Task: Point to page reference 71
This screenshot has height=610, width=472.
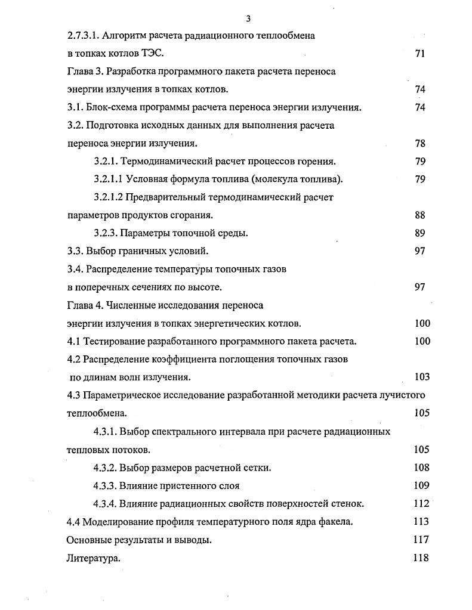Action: pyautogui.click(x=419, y=54)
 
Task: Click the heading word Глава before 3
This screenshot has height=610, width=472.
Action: pyautogui.click(x=80, y=72)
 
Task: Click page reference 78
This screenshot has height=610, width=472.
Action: pyautogui.click(x=419, y=144)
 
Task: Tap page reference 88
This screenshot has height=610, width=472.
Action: pyautogui.click(x=419, y=215)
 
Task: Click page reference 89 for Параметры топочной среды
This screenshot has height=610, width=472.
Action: pyautogui.click(x=419, y=233)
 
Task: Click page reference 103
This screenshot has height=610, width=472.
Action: pyautogui.click(x=421, y=377)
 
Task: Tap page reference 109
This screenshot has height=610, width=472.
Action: pyautogui.click(x=421, y=485)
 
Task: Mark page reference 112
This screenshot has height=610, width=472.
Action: pyautogui.click(x=421, y=504)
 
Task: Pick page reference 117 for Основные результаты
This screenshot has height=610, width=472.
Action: pyautogui.click(x=421, y=540)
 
